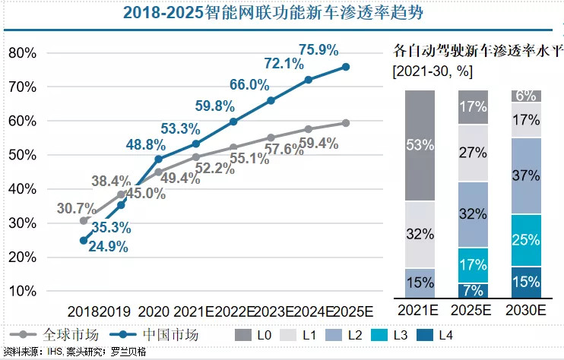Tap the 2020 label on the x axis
(154, 311)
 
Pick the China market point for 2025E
(346, 67)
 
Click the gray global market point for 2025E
(346, 123)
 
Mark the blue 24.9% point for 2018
(84, 240)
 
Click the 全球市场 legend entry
(54, 334)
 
